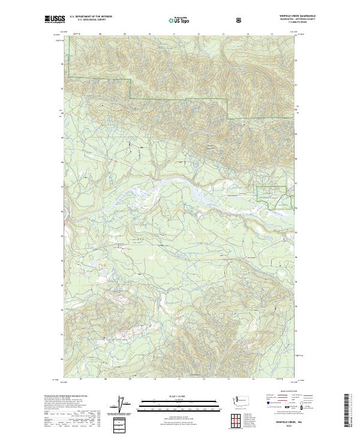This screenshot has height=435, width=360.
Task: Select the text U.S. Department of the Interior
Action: pyautogui.click(x=91, y=17)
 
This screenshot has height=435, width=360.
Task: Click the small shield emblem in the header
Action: pyautogui.click(x=240, y=20)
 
